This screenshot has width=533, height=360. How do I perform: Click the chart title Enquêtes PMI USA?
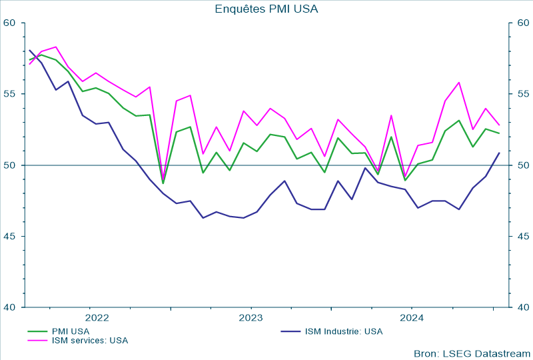tap(266, 9)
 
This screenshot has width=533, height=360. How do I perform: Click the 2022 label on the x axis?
tap(97, 317)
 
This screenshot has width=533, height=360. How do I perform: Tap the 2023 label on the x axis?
tap(251, 317)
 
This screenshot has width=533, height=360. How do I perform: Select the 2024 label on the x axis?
tap(412, 317)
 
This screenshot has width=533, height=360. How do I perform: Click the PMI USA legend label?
tap(71, 331)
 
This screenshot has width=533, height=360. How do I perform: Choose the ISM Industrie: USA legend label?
tap(344, 331)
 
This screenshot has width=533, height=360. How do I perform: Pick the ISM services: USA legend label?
tap(90, 340)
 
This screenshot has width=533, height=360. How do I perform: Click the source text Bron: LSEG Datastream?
tap(472, 353)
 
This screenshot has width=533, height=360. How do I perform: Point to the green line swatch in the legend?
tap(38, 331)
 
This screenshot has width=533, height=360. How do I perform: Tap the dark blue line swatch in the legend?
tap(290, 331)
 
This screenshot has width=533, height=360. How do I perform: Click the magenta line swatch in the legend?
tap(38, 340)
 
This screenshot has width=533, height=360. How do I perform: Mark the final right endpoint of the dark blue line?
tap(500, 153)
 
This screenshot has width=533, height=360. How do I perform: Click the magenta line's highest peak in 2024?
tap(459, 83)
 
